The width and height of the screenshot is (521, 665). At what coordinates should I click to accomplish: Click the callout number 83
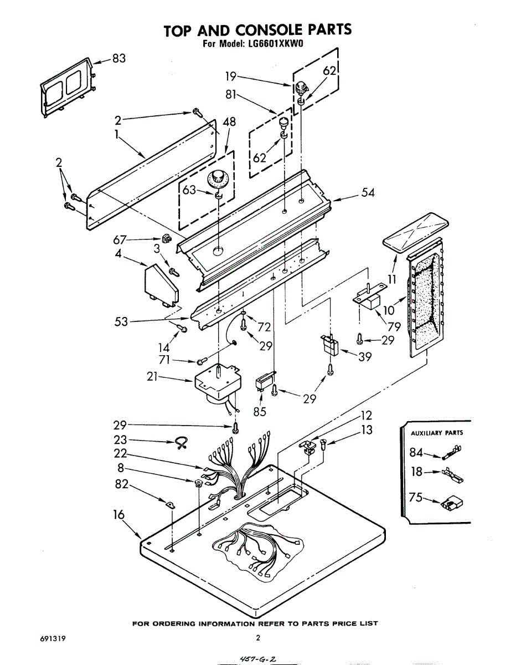coord(119,58)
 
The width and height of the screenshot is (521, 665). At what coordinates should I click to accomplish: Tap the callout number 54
coord(368,192)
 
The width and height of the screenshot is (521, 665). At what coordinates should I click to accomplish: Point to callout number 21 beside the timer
coord(152,376)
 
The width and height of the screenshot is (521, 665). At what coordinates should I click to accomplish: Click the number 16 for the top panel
coord(119,515)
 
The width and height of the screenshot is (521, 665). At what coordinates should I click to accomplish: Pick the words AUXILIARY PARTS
coord(437,433)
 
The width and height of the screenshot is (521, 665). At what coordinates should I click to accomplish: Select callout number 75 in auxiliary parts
coord(415,497)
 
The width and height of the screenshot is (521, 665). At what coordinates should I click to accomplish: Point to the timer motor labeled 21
coord(218,386)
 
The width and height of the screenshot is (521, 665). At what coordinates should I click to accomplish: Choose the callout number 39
coord(364,356)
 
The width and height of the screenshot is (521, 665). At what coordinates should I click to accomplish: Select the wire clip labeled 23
coord(181,443)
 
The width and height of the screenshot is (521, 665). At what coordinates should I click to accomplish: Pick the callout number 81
coord(231,95)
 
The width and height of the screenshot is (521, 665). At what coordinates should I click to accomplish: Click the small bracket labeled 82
coord(170,505)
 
